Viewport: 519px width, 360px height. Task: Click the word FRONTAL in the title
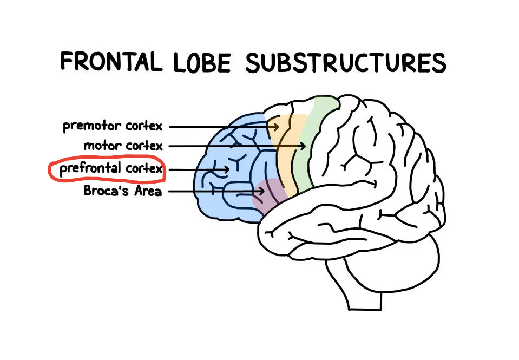point(111,61)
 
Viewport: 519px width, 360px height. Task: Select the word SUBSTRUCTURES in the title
point(345,63)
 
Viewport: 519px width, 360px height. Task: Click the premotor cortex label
point(113,127)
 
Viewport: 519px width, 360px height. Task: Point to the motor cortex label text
point(123,146)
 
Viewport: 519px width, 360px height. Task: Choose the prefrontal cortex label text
point(111,169)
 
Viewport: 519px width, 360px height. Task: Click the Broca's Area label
point(123,191)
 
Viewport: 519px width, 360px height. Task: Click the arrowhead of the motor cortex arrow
point(305,146)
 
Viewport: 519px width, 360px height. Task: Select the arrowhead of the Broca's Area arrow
point(262,191)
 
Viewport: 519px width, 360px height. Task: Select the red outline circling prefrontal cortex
point(50,169)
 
